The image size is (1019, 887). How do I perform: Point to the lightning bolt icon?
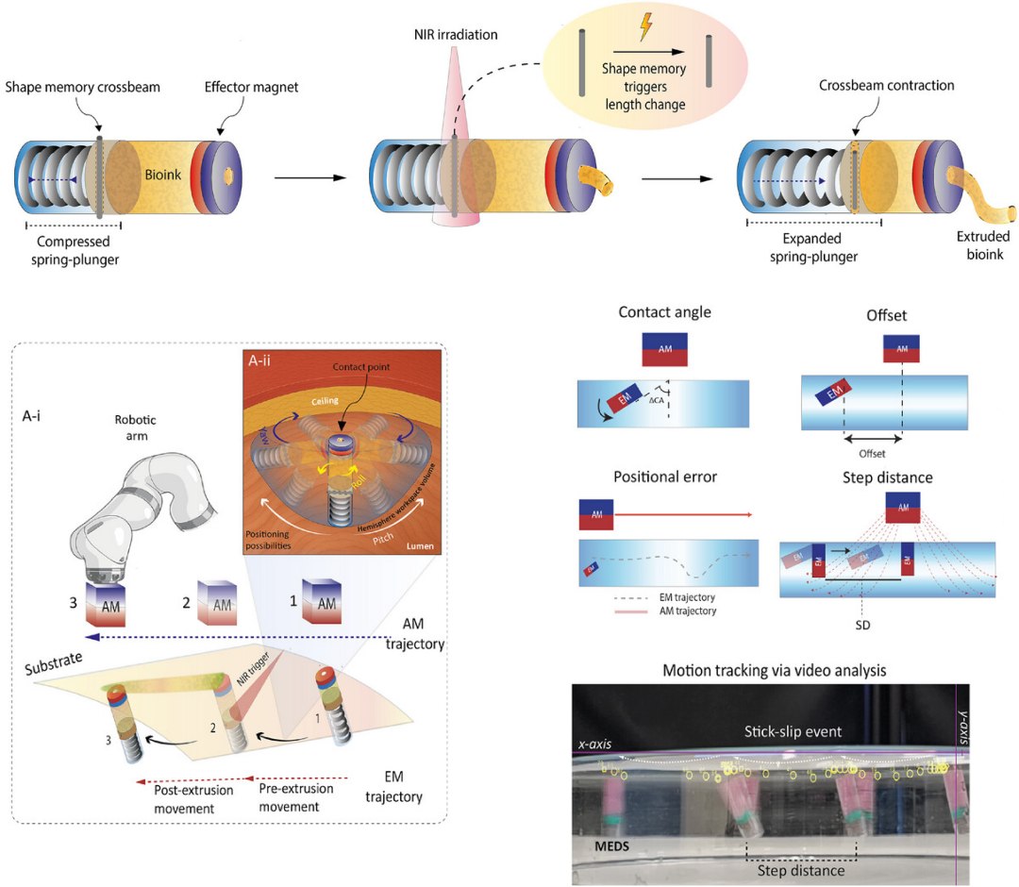(x=646, y=27)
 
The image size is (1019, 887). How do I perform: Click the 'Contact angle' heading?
(x=663, y=311)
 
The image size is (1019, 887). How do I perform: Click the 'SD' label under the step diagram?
(x=862, y=622)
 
